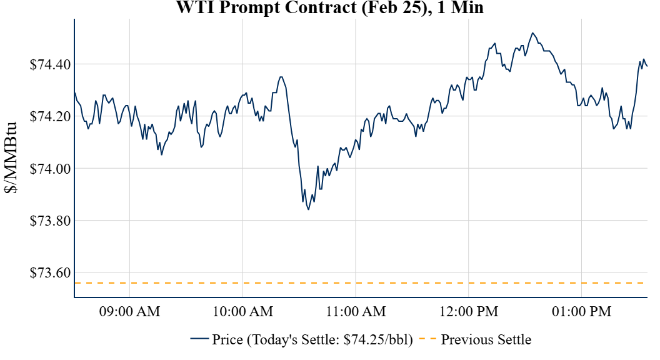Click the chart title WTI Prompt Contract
tap(330, 7)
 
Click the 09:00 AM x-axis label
tap(129, 312)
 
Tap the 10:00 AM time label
tap(242, 312)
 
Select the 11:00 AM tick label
tap(356, 312)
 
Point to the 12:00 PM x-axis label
tap(469, 312)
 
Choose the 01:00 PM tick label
tap(581, 312)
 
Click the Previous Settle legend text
tap(486, 340)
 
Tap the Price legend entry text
tap(312, 340)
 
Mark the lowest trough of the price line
tap(308, 209)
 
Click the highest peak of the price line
tap(532, 33)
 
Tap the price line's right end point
tap(647, 66)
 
